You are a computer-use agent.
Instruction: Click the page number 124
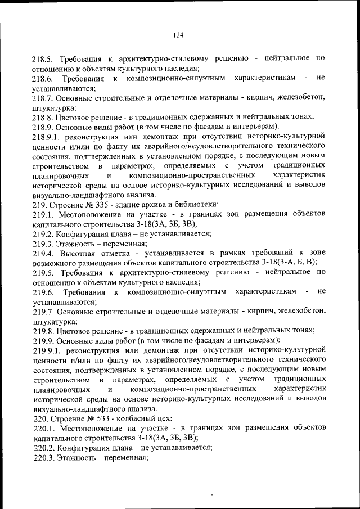(178, 35)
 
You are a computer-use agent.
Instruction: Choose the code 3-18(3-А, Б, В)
(285, 263)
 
